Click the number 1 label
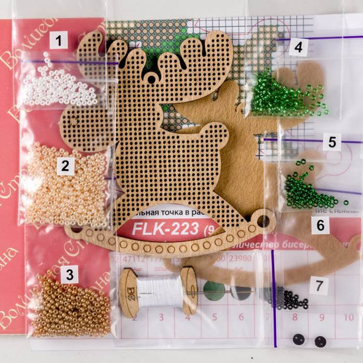click(59, 42)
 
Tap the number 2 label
click(65, 165)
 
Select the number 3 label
click(71, 275)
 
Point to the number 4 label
click(298, 46)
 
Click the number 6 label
click(319, 226)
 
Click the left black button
click(298, 339)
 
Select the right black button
click(320, 341)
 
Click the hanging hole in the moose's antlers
click(151, 79)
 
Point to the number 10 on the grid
click(348, 316)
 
